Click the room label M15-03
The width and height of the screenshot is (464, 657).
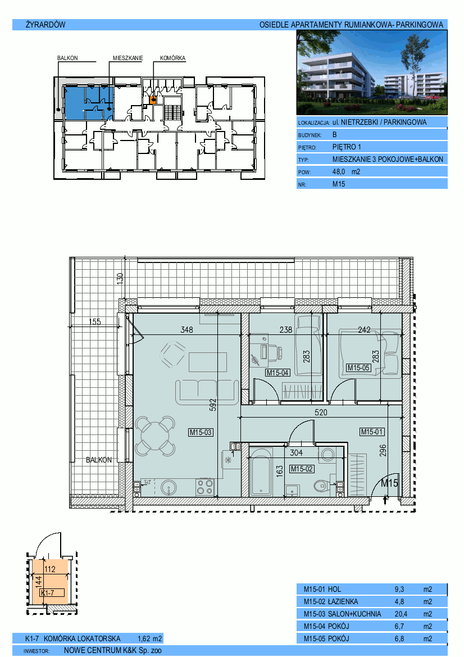pos(201,432)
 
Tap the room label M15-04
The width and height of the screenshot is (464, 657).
pos(278,373)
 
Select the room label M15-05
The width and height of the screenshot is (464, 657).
pos(358,368)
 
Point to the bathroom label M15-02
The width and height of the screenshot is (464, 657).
pos(302,469)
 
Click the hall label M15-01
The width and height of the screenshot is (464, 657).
pos(372,432)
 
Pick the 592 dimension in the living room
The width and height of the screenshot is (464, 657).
pos(213,405)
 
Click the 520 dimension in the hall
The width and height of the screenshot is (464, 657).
pos(321,413)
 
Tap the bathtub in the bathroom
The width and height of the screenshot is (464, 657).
pos(261,472)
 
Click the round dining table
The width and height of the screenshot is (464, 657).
pos(154,436)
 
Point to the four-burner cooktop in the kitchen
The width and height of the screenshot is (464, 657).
pos(205,487)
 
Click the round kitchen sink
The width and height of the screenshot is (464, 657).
pos(169,487)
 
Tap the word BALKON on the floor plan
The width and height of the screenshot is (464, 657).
pos(99,460)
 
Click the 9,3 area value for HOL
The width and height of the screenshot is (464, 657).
pos(399,589)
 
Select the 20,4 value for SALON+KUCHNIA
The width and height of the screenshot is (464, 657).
pos(401,614)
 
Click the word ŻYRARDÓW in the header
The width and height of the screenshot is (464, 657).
pos(46,25)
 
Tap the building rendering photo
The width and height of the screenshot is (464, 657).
pos(372,73)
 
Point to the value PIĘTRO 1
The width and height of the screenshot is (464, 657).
pos(347,147)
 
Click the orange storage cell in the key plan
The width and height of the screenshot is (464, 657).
pos(153,100)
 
